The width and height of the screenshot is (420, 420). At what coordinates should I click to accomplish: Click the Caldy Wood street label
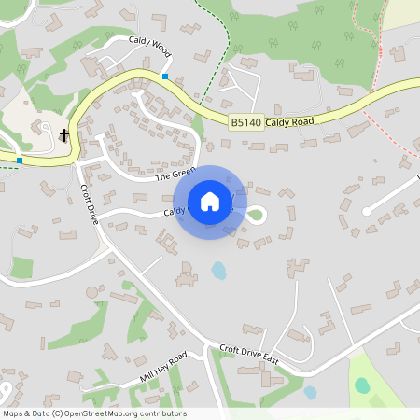click(x=149, y=43)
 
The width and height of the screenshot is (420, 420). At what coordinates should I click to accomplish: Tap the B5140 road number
click(x=245, y=122)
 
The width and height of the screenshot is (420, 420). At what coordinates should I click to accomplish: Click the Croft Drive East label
click(x=249, y=355)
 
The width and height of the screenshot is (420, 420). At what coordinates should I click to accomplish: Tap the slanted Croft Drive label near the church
click(x=90, y=194)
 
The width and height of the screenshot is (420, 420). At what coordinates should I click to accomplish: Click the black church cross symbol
click(x=64, y=135)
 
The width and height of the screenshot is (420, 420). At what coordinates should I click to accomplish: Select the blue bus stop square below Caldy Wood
click(x=165, y=77)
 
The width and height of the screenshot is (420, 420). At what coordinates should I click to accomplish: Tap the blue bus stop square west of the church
click(x=19, y=161)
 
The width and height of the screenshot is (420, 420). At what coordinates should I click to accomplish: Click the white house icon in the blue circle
click(x=210, y=201)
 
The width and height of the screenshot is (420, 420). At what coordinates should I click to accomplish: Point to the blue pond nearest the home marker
click(x=218, y=271)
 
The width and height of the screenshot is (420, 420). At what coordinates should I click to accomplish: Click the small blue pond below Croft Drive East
click(x=310, y=392)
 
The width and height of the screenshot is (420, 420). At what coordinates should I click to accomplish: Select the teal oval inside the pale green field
click(x=363, y=386)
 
